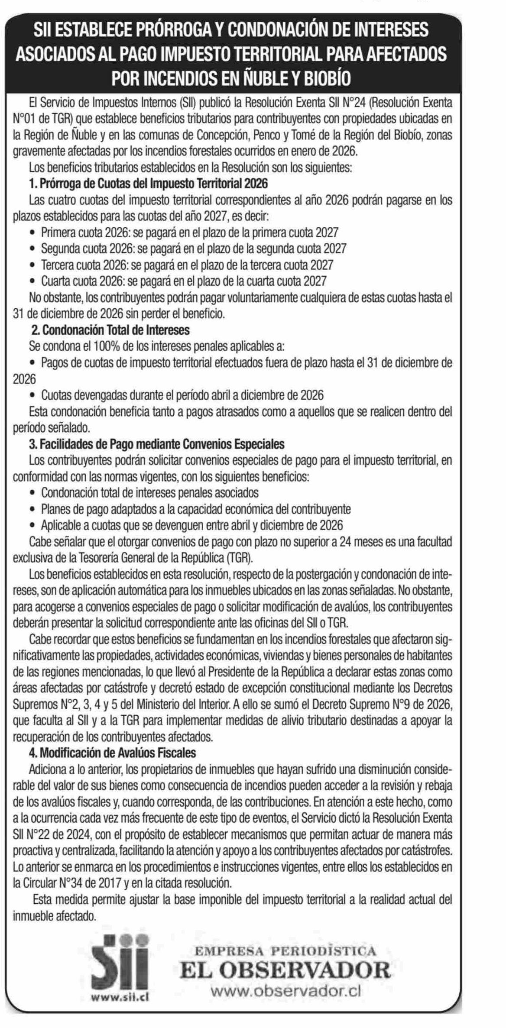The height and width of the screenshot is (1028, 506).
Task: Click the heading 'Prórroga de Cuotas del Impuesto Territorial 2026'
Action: pos(148,184)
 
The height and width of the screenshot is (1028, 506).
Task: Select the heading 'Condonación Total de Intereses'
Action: pos(110,330)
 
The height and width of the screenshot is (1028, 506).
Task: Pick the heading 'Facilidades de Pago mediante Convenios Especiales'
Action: pos(157,444)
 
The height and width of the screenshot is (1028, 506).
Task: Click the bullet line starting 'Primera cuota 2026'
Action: pos(189,233)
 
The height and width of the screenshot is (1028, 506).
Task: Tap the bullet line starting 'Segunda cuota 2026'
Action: pos(193,249)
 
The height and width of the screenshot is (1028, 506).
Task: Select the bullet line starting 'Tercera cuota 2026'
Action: pos(187,265)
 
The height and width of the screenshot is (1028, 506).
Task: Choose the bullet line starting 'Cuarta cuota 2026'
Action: pos(183,281)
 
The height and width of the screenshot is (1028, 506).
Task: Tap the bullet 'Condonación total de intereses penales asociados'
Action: pos(149,492)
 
